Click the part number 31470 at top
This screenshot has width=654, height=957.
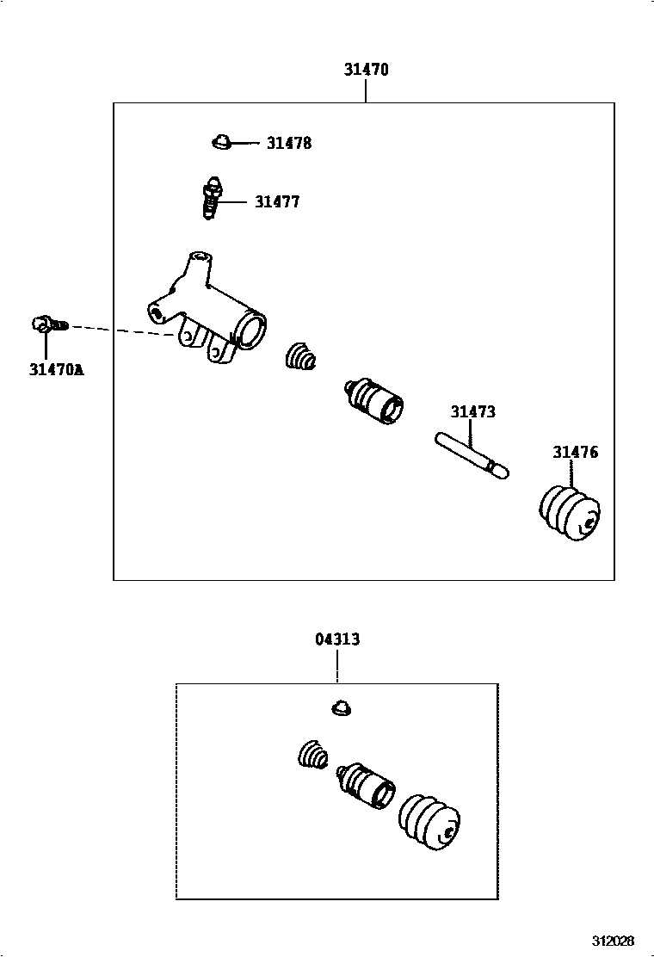pyautogui.click(x=367, y=70)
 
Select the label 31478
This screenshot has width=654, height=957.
pyautogui.click(x=288, y=144)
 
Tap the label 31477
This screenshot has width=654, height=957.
pyautogui.click(x=277, y=202)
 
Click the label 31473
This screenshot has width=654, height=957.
pyautogui.click(x=472, y=412)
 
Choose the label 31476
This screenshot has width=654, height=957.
pyautogui.click(x=575, y=453)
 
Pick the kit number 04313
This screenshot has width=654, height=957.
pyautogui.click(x=337, y=639)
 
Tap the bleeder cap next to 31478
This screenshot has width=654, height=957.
pyautogui.click(x=221, y=141)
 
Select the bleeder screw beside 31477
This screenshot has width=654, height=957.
pyautogui.click(x=211, y=199)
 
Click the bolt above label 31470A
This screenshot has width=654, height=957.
pyautogui.click(x=47, y=324)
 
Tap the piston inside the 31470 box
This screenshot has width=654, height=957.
pyautogui.click(x=373, y=400)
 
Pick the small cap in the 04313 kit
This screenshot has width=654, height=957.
pyautogui.click(x=342, y=707)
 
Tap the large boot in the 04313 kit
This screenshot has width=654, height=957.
pyautogui.click(x=429, y=822)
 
